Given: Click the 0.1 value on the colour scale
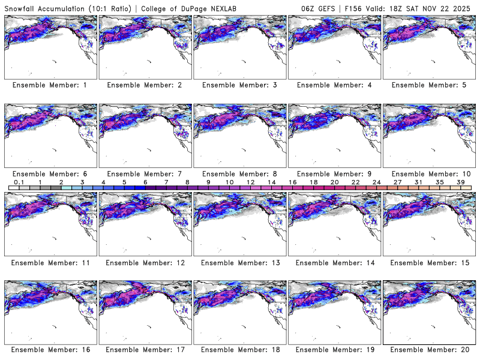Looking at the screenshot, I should click(19, 182).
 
